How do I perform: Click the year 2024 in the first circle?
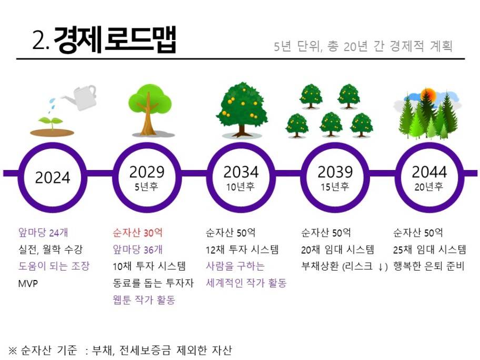[x=53, y=177]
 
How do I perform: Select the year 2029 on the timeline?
[x=147, y=172]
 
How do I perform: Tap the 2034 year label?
[x=241, y=172]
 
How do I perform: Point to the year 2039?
[x=335, y=172]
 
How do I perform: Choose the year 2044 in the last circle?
[x=429, y=172]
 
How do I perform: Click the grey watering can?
[x=80, y=97]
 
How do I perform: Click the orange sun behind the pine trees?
[x=428, y=95]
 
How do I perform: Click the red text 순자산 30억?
[x=137, y=233]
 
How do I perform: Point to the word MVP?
[x=28, y=284]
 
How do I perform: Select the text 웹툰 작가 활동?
[x=144, y=299]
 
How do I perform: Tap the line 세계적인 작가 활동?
[x=246, y=283]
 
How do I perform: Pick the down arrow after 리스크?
[x=381, y=267]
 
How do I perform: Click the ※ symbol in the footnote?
[x=13, y=350]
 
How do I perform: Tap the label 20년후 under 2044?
[x=429, y=187]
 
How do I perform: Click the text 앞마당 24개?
[x=43, y=233]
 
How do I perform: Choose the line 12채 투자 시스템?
[x=242, y=250]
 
